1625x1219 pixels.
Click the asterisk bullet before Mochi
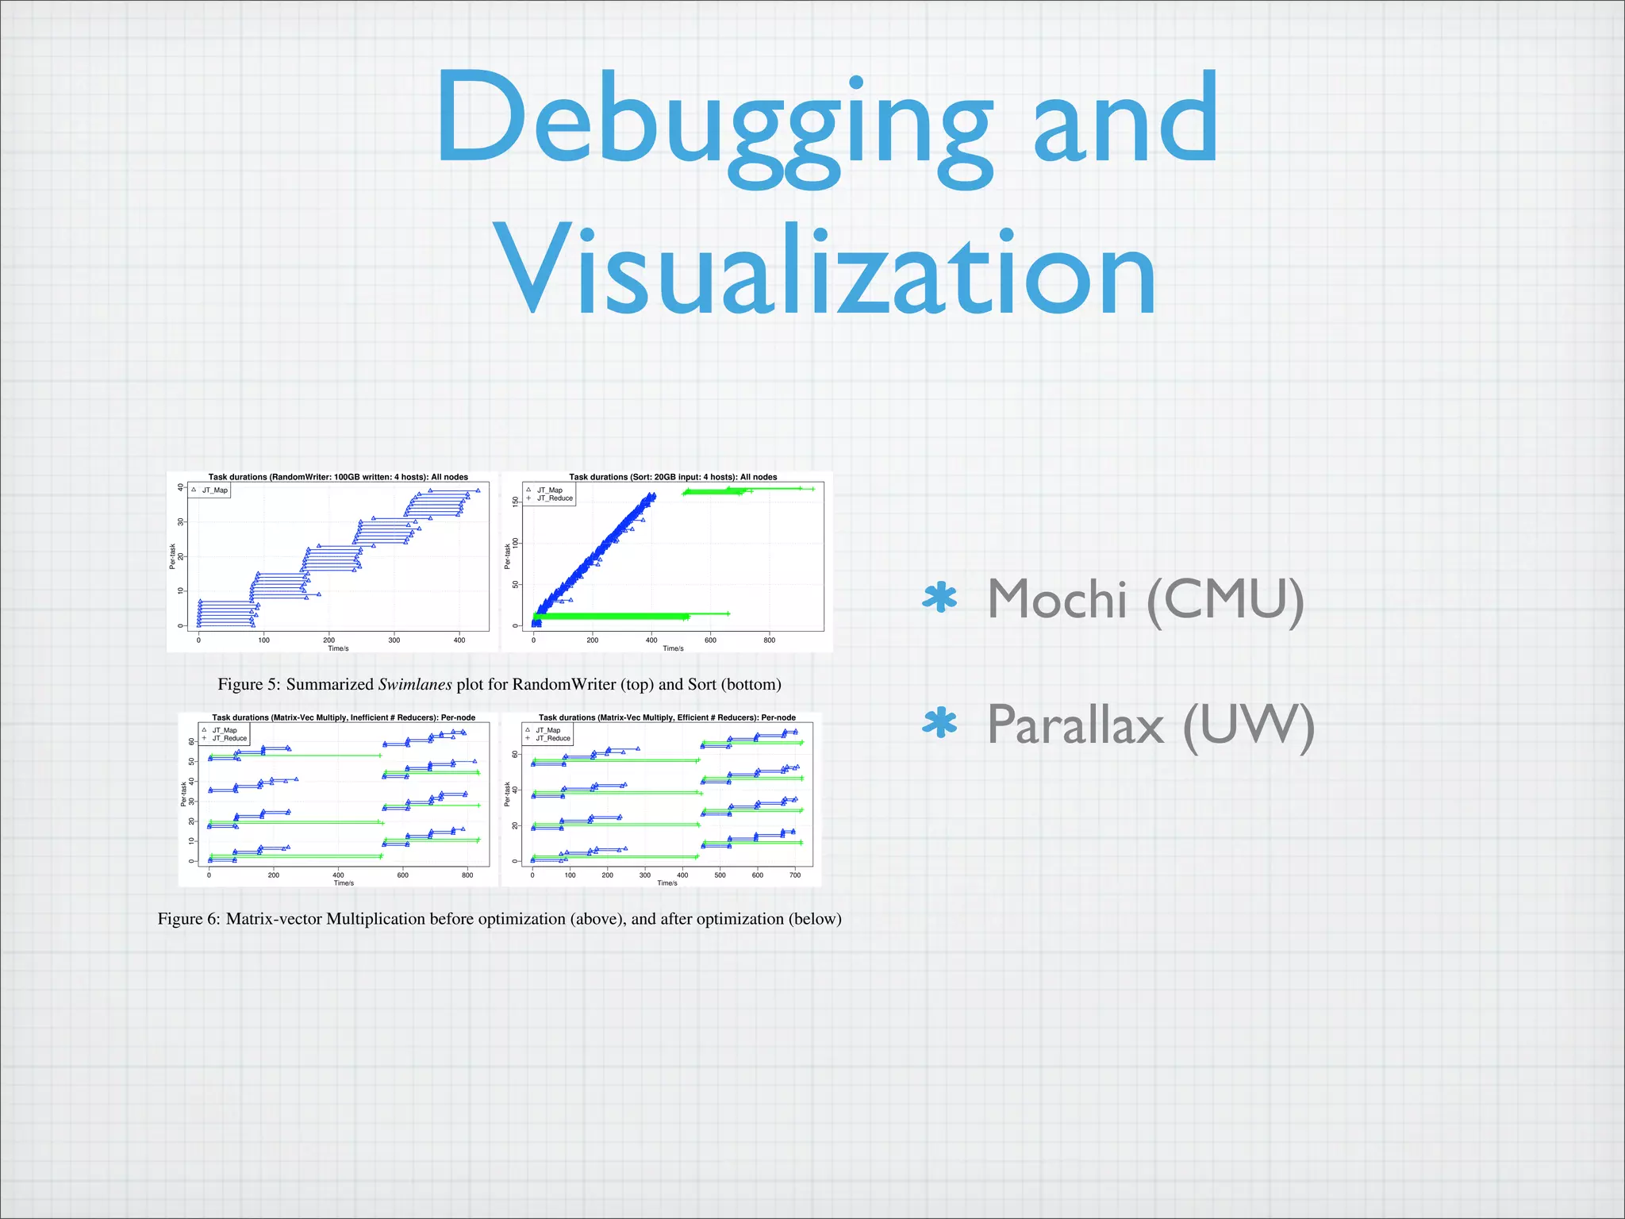click(x=940, y=598)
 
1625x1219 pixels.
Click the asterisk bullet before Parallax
click(x=940, y=724)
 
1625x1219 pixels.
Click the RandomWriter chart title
click(x=338, y=477)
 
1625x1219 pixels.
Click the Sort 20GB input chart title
click(x=673, y=477)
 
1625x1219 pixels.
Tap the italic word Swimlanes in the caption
click(x=414, y=684)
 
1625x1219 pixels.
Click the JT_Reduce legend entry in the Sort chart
click(x=555, y=498)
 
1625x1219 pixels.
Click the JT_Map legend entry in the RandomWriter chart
click(x=214, y=490)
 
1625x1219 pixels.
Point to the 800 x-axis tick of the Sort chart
click(x=769, y=640)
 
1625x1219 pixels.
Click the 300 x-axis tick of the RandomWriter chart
click(x=394, y=640)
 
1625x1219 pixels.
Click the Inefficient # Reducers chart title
click(x=344, y=717)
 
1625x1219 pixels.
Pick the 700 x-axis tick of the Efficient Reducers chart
click(x=795, y=875)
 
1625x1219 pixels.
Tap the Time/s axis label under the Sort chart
click(x=673, y=648)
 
